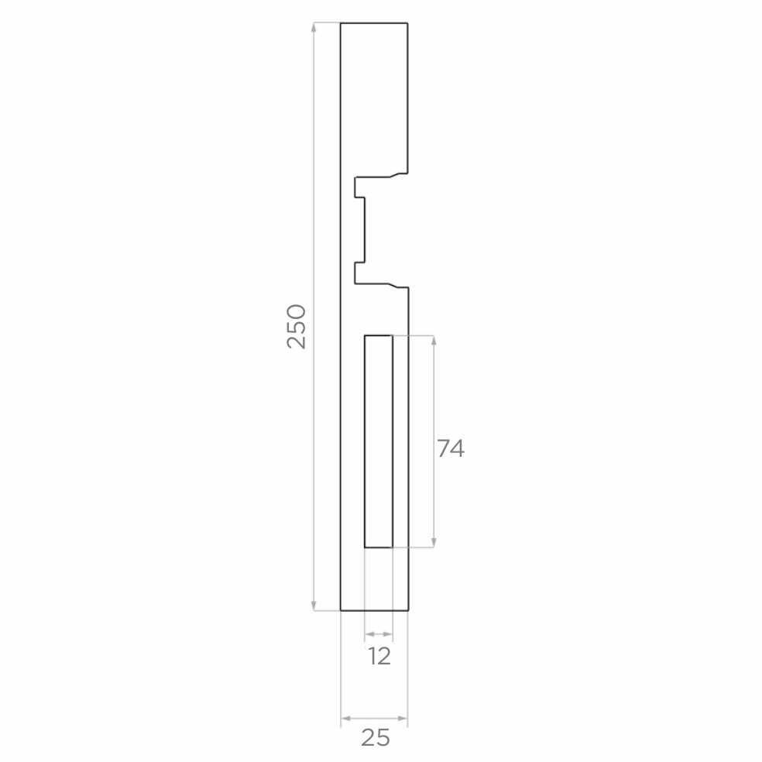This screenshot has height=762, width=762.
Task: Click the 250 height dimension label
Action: (x=297, y=327)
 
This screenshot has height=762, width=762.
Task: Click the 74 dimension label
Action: (x=451, y=448)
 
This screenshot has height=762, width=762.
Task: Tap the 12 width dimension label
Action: (x=379, y=657)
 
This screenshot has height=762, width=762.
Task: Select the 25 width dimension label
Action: (x=376, y=738)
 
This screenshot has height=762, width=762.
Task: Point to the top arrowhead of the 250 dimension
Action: (x=314, y=28)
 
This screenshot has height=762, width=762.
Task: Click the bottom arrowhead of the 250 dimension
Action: (x=314, y=605)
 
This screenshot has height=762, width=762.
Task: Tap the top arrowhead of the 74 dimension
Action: (x=434, y=341)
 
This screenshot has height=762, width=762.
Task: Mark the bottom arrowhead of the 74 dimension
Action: (x=434, y=542)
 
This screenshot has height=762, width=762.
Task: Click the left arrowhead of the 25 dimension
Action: (x=346, y=719)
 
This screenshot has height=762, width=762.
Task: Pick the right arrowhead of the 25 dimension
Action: (x=402, y=719)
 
